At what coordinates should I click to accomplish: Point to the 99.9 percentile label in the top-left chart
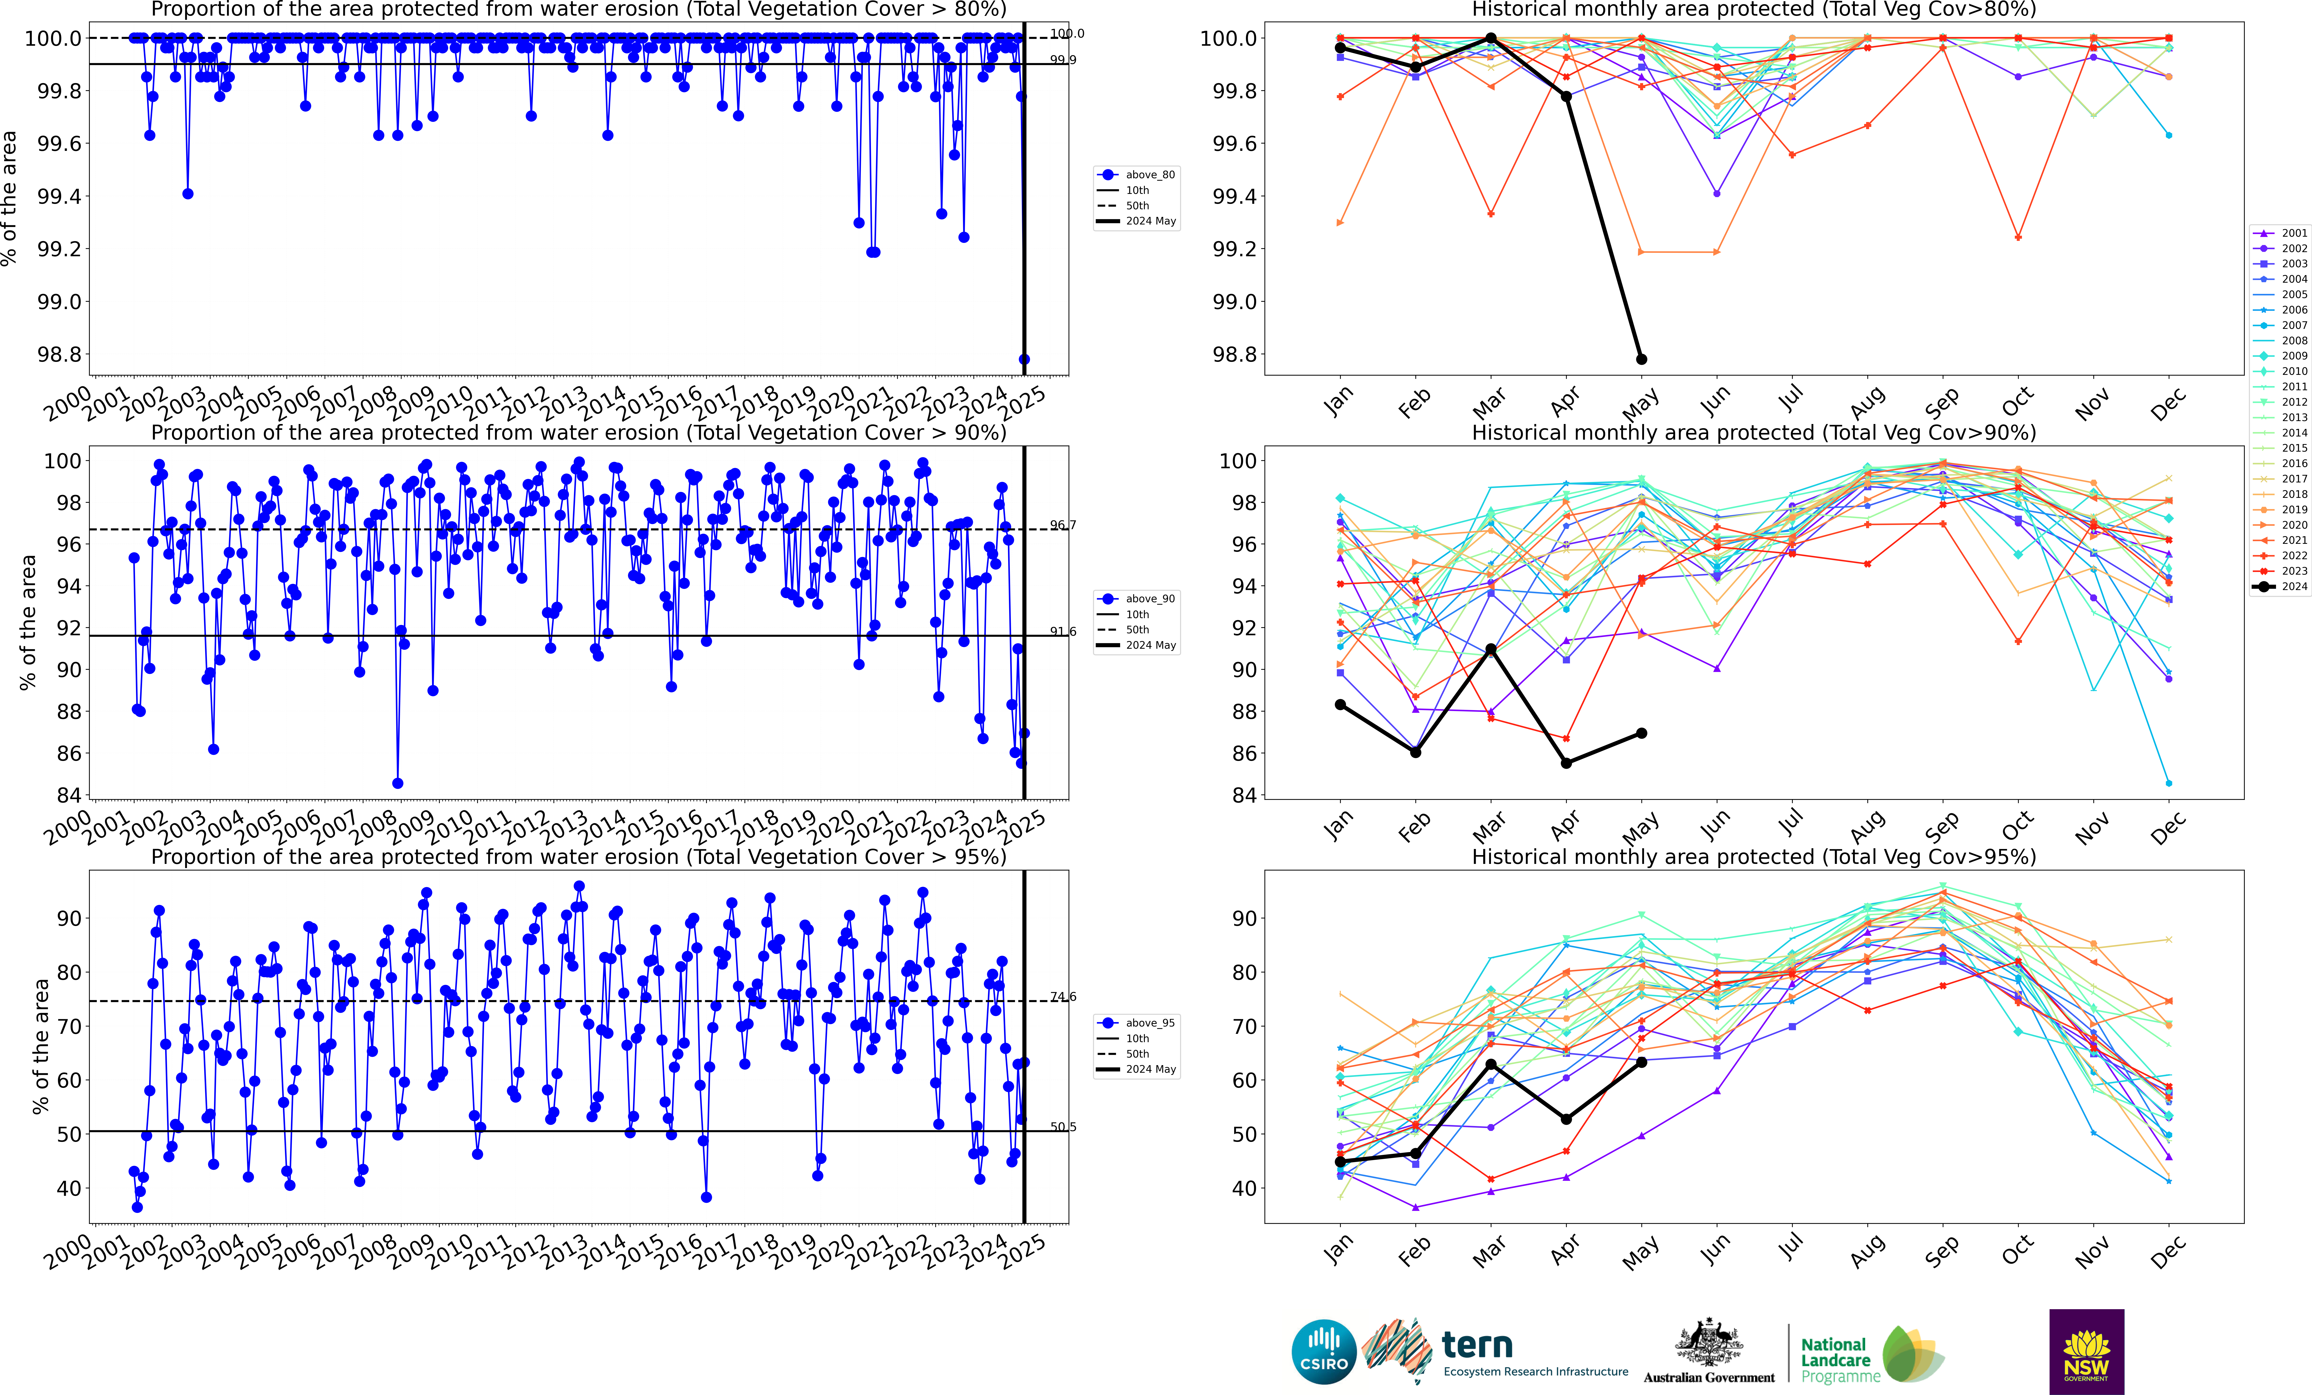[1062, 60]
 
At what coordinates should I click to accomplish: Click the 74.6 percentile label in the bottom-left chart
[1062, 997]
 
